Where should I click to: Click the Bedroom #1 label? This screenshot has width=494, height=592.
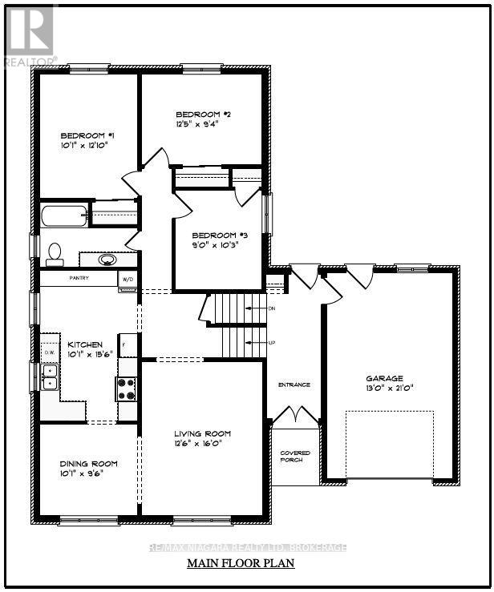(x=88, y=135)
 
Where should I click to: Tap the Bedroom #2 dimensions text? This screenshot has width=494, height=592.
(x=196, y=124)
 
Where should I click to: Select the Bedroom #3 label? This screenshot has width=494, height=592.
(x=214, y=236)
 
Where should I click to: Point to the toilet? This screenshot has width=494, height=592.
(x=55, y=253)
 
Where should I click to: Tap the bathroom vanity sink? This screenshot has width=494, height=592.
(x=107, y=260)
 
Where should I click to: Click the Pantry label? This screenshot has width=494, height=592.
(x=79, y=278)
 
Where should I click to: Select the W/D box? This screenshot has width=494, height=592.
(x=127, y=279)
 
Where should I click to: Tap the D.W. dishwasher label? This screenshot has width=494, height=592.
(x=49, y=352)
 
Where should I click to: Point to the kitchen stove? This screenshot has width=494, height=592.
(x=127, y=389)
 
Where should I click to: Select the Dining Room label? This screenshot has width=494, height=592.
(x=88, y=463)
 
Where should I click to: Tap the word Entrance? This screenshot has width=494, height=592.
(x=294, y=385)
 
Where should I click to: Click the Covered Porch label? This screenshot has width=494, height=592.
(x=295, y=457)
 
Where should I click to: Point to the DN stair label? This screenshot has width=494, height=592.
(x=271, y=308)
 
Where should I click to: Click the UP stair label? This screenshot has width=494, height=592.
(x=271, y=343)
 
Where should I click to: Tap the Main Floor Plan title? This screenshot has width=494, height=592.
(x=241, y=563)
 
